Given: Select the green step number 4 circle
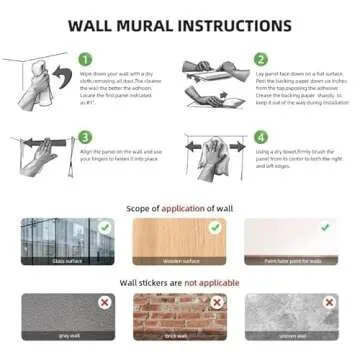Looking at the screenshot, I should [x=260, y=136].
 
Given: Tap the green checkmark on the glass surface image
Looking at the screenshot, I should [x=103, y=228].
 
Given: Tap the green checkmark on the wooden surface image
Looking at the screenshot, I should [x=215, y=228].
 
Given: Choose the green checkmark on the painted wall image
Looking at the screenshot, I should [x=327, y=228].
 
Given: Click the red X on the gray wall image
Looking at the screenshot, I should [x=103, y=302].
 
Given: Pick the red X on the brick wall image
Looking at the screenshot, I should [x=215, y=302].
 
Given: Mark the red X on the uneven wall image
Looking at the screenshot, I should [x=327, y=302].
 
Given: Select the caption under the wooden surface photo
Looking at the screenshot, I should [x=180, y=261].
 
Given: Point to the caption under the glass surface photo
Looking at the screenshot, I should [x=68, y=261].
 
